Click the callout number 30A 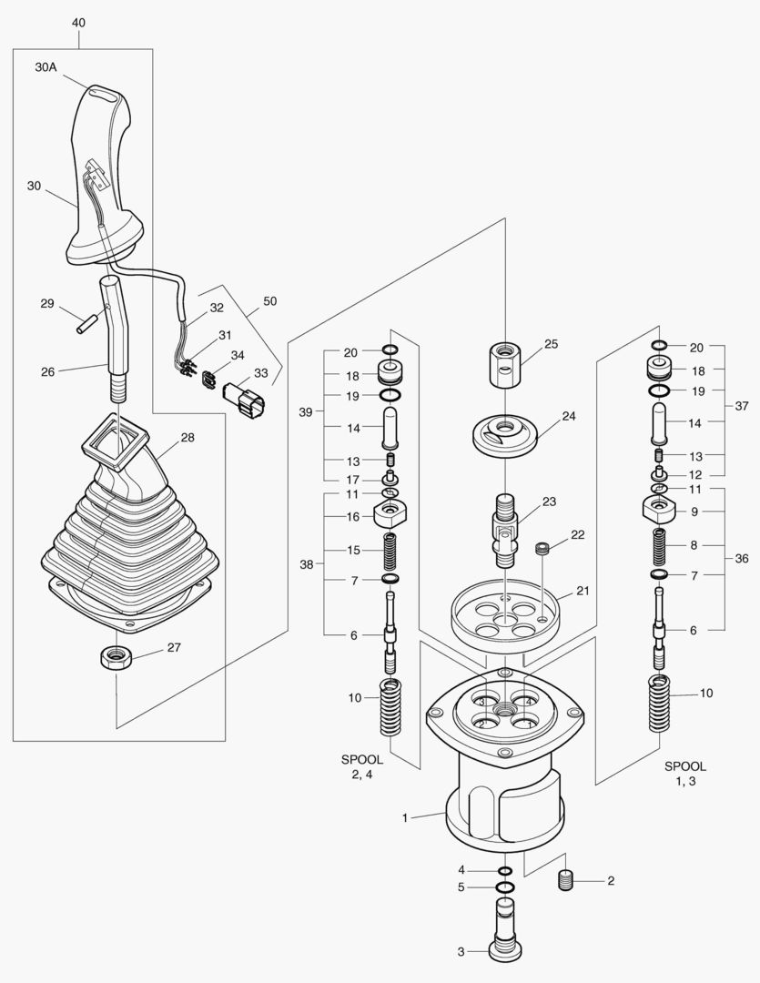[x=47, y=68]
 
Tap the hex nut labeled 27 [x=114, y=656]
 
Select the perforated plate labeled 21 [x=504, y=616]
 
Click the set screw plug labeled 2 [x=568, y=881]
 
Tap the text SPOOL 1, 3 [x=684, y=774]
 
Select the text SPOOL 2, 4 [x=362, y=766]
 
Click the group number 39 [x=307, y=412]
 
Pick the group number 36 [x=743, y=558]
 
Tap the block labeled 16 [x=389, y=516]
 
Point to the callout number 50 [x=270, y=301]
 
